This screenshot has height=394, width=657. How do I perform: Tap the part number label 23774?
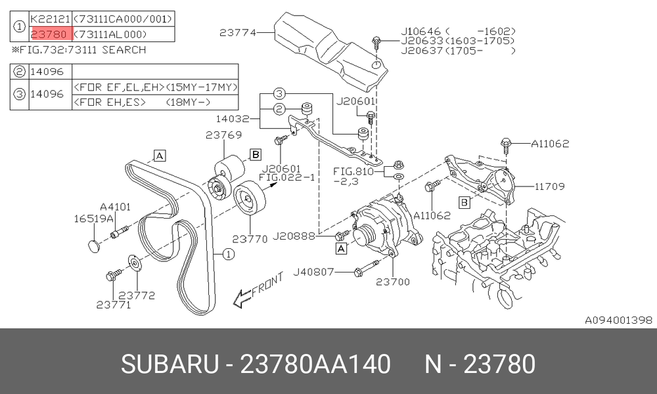click(238, 32)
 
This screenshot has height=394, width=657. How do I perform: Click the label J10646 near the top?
click(421, 32)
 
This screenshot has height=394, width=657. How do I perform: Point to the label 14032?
click(233, 118)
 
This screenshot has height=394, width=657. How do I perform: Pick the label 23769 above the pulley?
click(224, 135)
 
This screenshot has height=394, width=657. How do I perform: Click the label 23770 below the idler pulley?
click(250, 239)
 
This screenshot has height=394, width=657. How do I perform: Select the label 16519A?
click(94, 219)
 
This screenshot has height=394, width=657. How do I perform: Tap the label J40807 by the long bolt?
click(313, 272)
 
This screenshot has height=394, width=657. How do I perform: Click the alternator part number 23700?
click(393, 282)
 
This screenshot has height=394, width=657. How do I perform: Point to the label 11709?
click(550, 186)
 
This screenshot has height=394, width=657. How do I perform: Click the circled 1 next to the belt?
click(229, 254)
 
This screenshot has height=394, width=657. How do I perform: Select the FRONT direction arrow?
click(258, 291)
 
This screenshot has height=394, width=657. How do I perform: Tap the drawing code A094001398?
click(618, 320)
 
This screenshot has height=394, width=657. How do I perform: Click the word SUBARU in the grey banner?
click(170, 364)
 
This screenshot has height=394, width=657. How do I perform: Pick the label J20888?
click(294, 236)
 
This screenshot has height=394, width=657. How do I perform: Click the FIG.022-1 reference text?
click(286, 177)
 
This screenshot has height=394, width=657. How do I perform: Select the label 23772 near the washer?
click(137, 295)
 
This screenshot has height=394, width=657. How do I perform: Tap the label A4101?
click(115, 207)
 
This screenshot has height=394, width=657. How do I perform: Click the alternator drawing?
click(386, 226)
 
